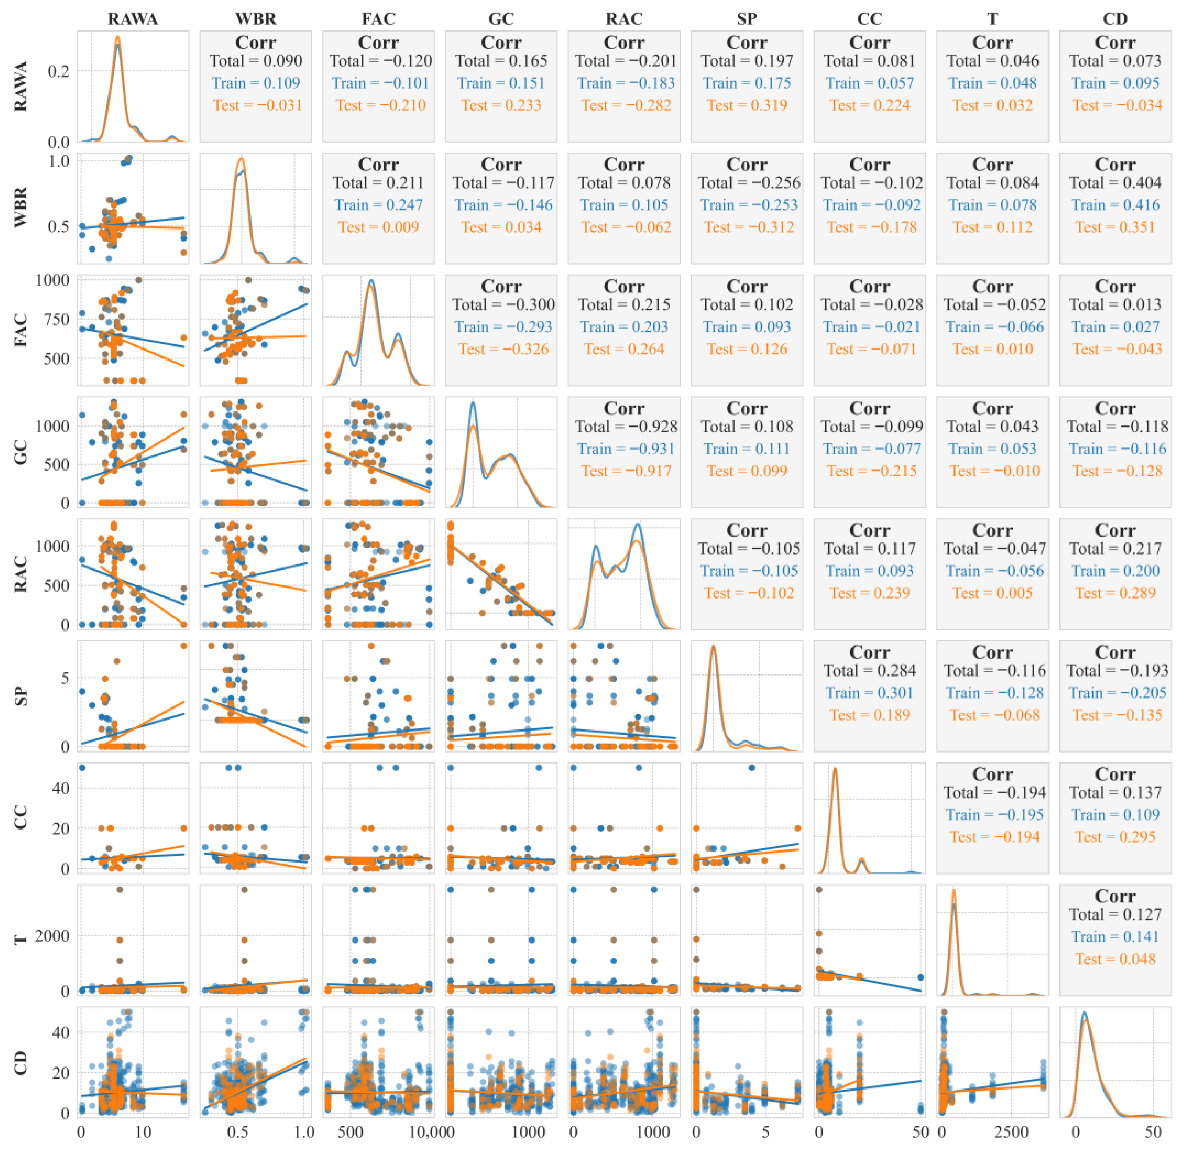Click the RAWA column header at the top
coord(133,19)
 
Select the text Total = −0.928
coord(626,426)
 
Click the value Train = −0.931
coord(626,449)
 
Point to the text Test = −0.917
coord(626,471)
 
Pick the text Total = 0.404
coord(1115,182)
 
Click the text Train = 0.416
coord(1115,205)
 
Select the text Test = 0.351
coord(1115,227)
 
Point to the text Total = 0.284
coord(869,670)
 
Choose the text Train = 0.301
coord(869,692)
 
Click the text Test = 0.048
coord(1115,959)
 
